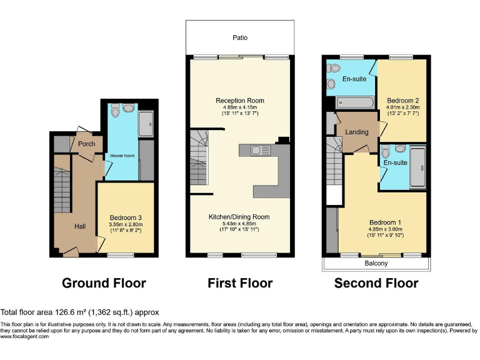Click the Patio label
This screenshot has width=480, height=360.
coord(240,38)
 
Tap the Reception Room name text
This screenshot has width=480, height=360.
coord(240,101)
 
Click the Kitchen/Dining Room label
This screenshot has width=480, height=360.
coord(239,217)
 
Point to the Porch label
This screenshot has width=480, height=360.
coord(86,144)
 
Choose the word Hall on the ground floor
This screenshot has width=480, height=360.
coord(80,226)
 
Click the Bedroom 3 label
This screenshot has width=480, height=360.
coord(126,217)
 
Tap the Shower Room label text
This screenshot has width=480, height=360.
coord(122,156)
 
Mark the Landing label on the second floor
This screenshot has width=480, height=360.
coord(357,132)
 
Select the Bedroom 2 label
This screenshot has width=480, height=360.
coord(402,101)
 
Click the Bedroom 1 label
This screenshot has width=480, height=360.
coord(385,222)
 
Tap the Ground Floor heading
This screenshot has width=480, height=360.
coord(104,283)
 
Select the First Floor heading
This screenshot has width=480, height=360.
coord(240,283)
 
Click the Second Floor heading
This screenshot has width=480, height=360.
coord(376,283)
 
